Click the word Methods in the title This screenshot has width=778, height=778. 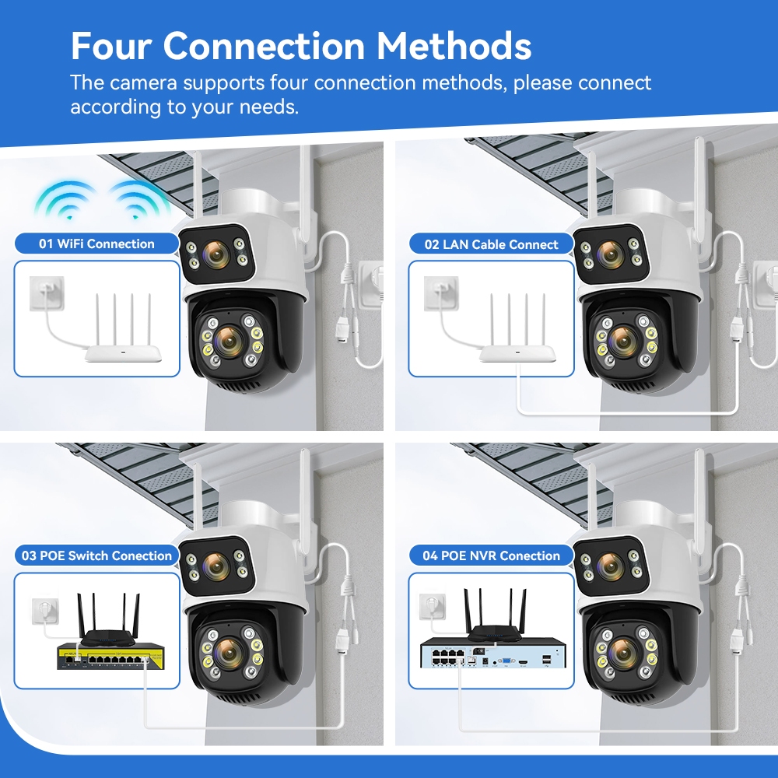coord(454,46)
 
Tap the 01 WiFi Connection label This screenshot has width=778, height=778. coord(96,244)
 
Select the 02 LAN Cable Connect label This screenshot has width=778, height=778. coord(491,244)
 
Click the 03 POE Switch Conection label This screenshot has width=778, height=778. coord(96,555)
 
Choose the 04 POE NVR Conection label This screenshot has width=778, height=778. coord(491,555)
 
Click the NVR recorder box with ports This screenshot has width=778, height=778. coord(494,654)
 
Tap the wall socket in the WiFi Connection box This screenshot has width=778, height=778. coord(47,293)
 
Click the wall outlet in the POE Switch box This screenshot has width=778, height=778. coord(46,612)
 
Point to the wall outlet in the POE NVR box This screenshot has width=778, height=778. coord(433,608)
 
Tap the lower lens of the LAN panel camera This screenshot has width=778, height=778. coord(623,342)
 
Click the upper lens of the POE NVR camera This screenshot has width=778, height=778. coord(610,565)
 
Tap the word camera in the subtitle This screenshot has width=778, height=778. coord(143,83)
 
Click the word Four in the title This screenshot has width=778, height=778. coord(111,46)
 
